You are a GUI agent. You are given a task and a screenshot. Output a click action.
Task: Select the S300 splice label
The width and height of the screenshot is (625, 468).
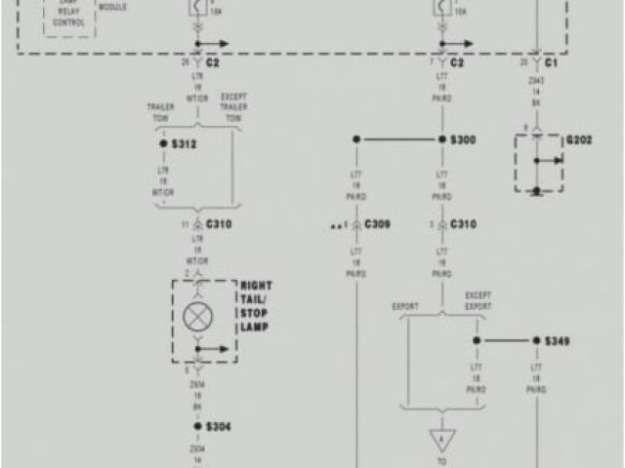point(463,140)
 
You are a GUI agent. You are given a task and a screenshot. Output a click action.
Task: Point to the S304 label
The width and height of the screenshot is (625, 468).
point(218,427)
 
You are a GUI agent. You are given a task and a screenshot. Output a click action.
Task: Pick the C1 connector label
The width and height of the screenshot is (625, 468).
point(552,62)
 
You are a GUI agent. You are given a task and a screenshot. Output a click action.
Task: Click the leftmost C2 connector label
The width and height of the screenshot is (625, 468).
point(213,62)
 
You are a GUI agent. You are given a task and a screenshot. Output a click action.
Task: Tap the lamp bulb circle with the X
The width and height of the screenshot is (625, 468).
point(195,315)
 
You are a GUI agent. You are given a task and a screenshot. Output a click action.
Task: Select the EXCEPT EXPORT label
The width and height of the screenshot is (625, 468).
point(479,300)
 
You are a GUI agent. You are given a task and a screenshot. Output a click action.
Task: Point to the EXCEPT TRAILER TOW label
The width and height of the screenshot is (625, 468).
point(232,106)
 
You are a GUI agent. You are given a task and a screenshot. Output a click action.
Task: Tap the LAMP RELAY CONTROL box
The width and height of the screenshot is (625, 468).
point(68,17)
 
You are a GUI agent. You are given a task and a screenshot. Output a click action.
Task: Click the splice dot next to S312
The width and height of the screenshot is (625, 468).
point(163,143)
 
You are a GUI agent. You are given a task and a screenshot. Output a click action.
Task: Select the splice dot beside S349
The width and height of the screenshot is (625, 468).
point(536,341)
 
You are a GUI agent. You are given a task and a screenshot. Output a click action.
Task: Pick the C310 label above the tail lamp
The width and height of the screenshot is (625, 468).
point(219,224)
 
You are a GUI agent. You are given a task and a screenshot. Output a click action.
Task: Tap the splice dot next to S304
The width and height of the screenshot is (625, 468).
point(197,427)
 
